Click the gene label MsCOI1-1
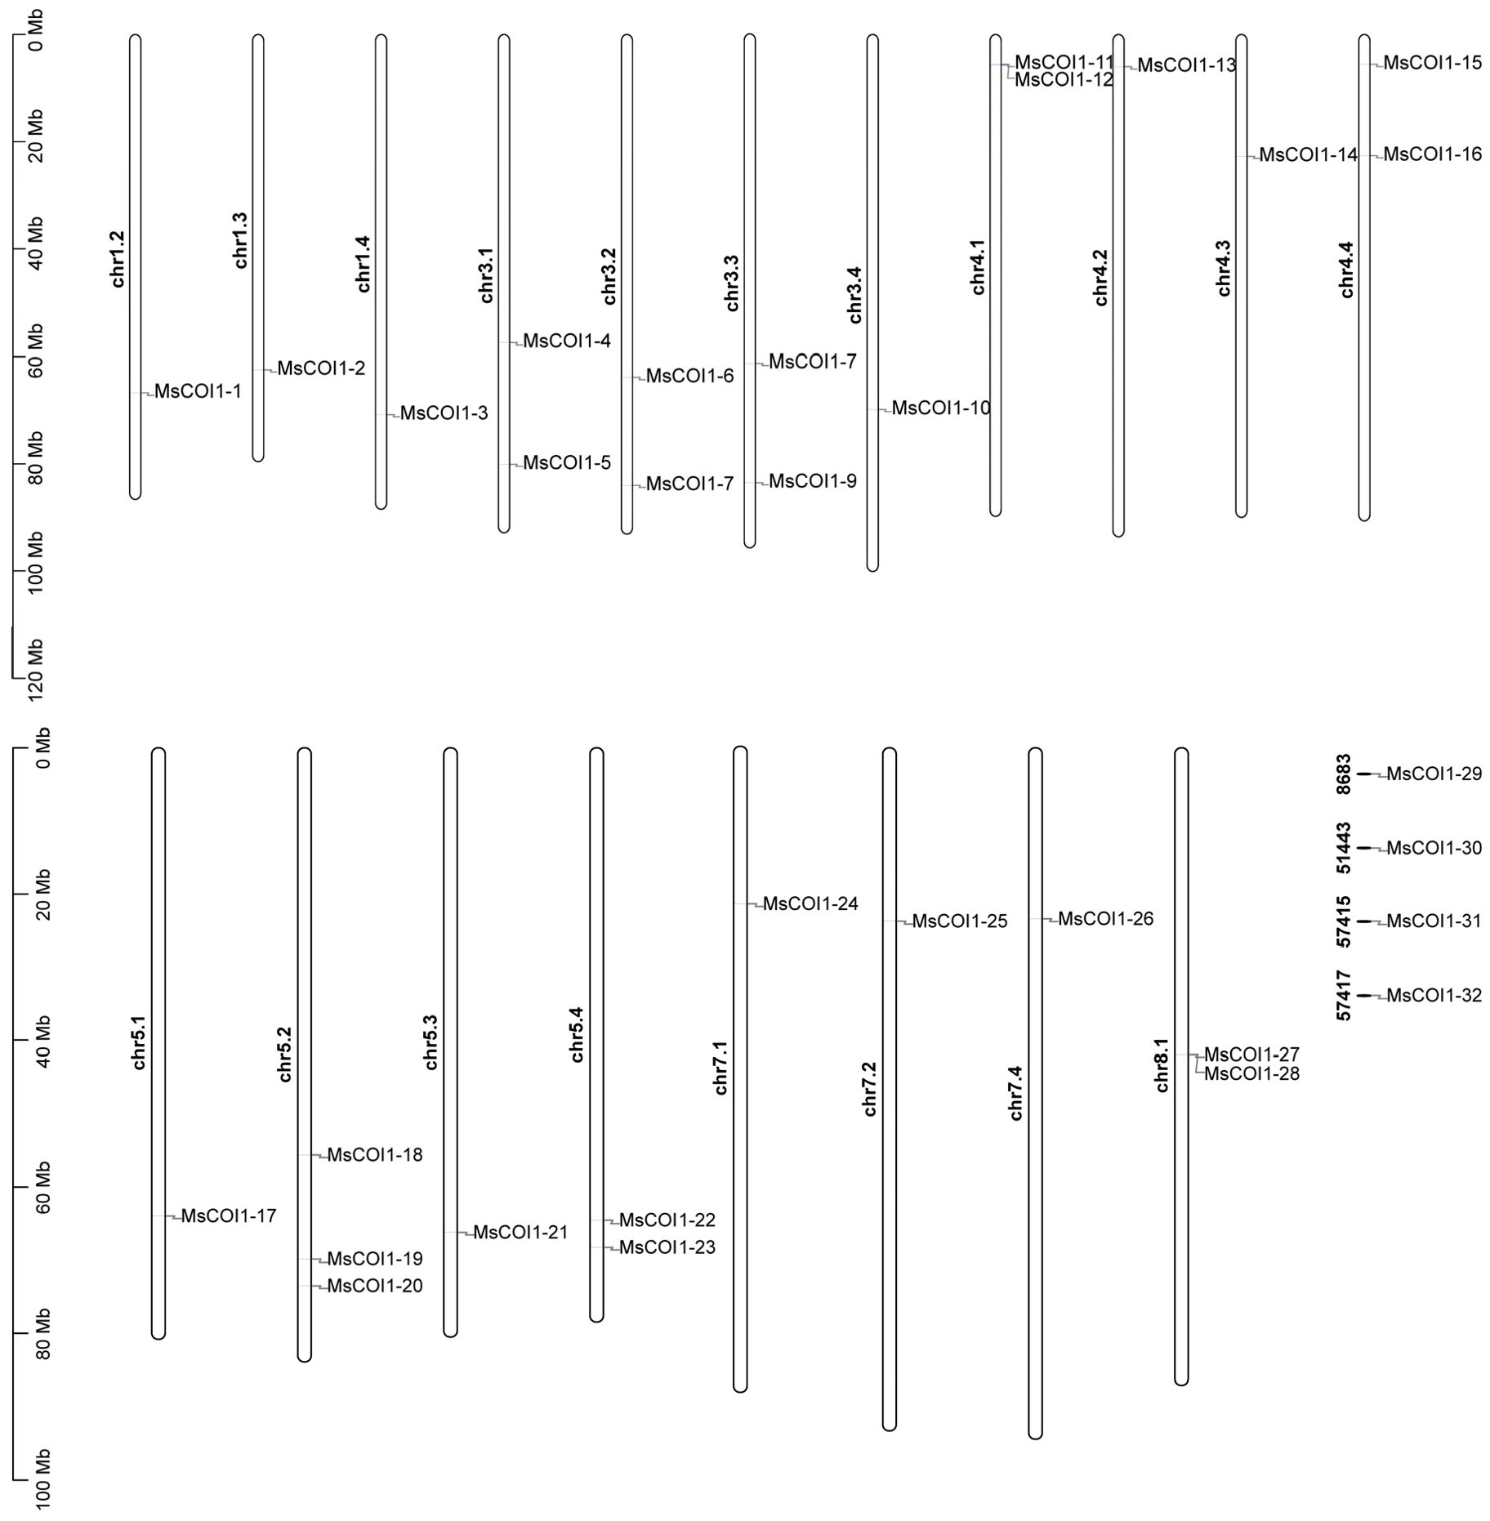click(x=198, y=391)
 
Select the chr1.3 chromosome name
click(x=240, y=240)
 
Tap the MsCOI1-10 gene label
click(x=940, y=408)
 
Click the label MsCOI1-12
click(x=1064, y=80)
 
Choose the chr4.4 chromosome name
click(x=1346, y=270)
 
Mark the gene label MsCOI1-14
click(x=1308, y=154)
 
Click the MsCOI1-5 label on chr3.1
click(x=567, y=462)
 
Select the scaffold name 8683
click(x=1344, y=773)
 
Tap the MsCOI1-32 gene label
click(x=1434, y=995)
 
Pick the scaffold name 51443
click(x=1344, y=847)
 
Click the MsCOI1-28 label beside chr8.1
click(x=1251, y=1073)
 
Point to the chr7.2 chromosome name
click(x=869, y=1089)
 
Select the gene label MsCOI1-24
click(x=810, y=903)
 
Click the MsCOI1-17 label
click(x=229, y=1215)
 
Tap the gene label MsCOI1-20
click(x=375, y=1286)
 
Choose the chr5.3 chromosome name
click(x=430, y=1042)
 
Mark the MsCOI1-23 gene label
click(x=667, y=1247)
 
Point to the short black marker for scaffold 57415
click(x=1364, y=921)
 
